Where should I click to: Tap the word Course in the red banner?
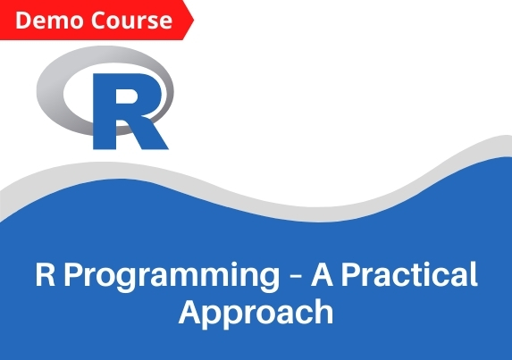(x=131, y=21)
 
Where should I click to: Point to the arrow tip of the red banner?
(x=194, y=21)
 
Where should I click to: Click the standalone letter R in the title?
(x=45, y=275)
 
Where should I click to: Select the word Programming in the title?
(x=172, y=277)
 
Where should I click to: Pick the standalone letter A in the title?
(x=322, y=275)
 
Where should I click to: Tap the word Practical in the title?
(x=409, y=274)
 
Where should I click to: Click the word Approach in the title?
(x=256, y=314)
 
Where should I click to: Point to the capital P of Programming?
(x=72, y=275)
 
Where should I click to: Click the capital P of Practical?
(x=350, y=275)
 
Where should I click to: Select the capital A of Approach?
(x=189, y=312)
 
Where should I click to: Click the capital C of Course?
(x=98, y=21)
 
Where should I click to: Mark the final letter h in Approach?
(x=324, y=311)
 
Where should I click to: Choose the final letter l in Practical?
(x=474, y=274)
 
